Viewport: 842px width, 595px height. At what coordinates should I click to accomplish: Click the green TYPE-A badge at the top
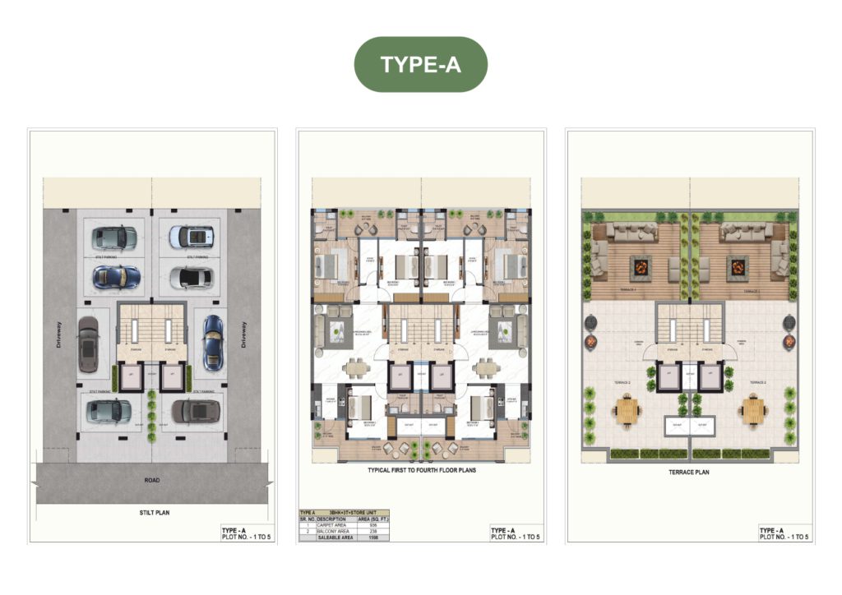pyautogui.click(x=420, y=64)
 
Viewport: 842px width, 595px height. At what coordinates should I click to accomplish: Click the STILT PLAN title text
pyautogui.click(x=153, y=512)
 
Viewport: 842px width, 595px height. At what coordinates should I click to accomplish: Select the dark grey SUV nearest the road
pyautogui.click(x=195, y=410)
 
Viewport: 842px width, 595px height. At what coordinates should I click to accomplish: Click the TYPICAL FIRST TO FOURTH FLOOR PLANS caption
pyautogui.click(x=421, y=471)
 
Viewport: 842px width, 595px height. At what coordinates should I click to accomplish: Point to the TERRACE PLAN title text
pyautogui.click(x=689, y=473)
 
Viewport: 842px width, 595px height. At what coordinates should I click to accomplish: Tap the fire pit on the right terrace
pyautogui.click(x=737, y=266)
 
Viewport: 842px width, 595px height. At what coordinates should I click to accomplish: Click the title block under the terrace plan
pyautogui.click(x=784, y=533)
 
